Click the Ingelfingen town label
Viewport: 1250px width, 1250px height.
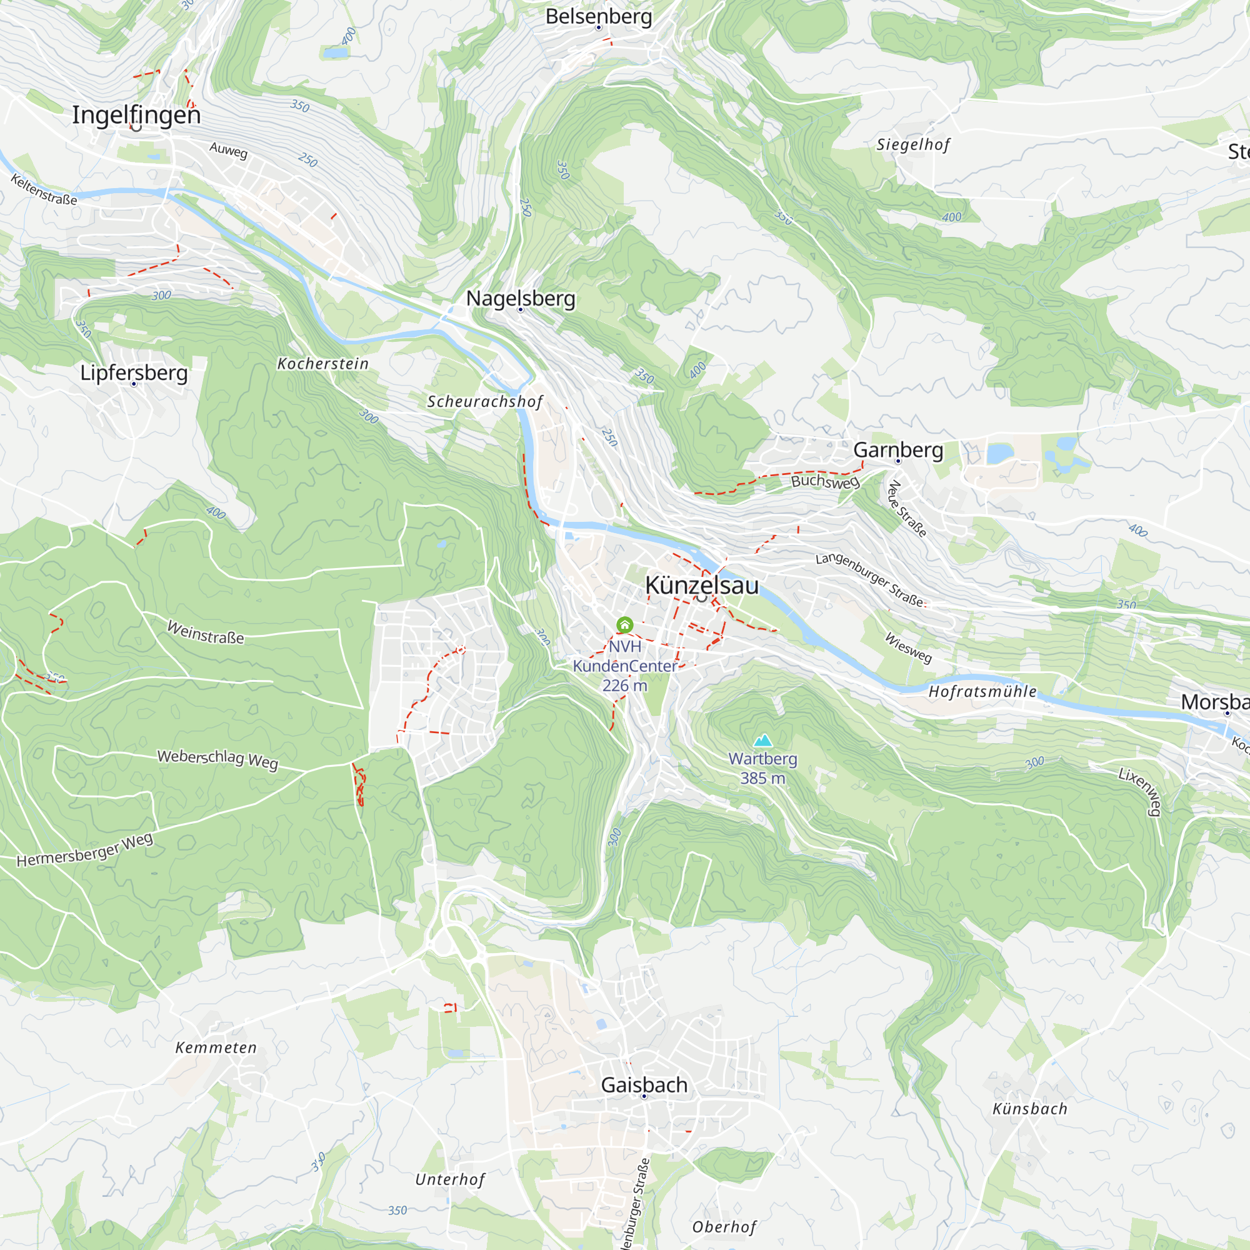click(136, 115)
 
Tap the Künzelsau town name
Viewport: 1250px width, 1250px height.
click(701, 586)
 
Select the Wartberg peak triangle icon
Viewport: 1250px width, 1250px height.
click(762, 740)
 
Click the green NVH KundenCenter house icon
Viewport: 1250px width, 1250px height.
click(624, 625)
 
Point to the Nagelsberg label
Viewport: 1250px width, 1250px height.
click(521, 298)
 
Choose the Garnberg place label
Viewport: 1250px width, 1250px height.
click(898, 449)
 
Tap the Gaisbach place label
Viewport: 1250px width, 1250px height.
click(644, 1085)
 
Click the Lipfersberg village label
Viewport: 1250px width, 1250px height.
click(134, 372)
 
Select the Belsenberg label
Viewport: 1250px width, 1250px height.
click(599, 16)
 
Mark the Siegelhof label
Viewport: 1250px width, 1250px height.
click(913, 144)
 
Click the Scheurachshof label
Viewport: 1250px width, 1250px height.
click(484, 402)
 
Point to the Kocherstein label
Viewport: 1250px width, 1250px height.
click(323, 364)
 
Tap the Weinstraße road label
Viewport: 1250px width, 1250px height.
click(206, 632)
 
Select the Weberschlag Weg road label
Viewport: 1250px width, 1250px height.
click(217, 759)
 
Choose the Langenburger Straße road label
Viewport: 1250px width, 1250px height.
click(869, 579)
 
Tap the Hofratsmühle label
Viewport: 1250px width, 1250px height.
click(982, 692)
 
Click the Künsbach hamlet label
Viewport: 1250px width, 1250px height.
click(1029, 1109)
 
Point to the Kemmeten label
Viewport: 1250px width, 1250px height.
click(216, 1047)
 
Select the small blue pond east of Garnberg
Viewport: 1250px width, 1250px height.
click(999, 454)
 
